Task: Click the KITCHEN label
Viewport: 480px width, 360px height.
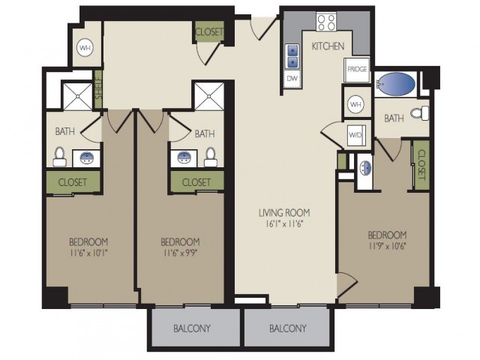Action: click(328, 46)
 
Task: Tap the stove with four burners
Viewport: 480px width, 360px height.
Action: click(326, 22)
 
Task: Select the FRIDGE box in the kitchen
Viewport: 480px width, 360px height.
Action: click(357, 70)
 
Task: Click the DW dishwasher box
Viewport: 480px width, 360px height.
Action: click(292, 79)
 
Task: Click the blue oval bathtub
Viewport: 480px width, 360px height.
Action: click(395, 84)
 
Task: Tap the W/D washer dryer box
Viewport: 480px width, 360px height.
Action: click(355, 135)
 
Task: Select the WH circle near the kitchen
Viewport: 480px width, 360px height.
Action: click(355, 104)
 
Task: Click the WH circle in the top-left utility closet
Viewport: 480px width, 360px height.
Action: click(85, 48)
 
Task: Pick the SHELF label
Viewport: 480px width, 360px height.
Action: click(98, 89)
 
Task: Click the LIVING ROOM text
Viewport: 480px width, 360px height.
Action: click(284, 212)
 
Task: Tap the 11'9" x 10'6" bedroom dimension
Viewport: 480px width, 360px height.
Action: click(387, 247)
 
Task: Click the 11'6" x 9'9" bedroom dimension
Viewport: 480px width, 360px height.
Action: click(180, 253)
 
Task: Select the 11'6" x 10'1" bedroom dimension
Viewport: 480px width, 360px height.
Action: click(88, 253)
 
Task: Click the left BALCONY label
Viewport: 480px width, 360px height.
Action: click(192, 328)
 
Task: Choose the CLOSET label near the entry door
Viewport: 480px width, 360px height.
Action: click(209, 31)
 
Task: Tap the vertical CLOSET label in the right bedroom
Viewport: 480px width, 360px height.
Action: click(421, 165)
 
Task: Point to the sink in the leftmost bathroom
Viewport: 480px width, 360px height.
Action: click(87, 158)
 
